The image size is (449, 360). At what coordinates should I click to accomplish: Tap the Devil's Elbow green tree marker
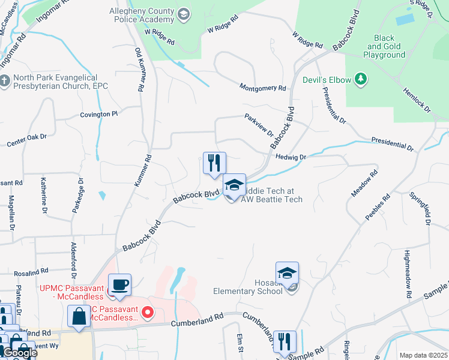pos(361,79)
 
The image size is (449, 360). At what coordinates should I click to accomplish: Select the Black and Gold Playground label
pos(384,46)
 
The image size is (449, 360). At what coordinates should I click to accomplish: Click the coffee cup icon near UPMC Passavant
pos(119,284)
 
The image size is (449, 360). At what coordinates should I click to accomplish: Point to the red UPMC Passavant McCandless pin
pos(149,313)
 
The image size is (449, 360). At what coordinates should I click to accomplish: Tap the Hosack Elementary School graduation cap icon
pos(287,273)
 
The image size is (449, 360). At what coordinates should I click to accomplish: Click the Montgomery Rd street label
pos(262,88)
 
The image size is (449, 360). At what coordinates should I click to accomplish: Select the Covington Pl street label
pos(98,114)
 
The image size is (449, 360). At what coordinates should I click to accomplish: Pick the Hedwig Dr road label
pos(291,157)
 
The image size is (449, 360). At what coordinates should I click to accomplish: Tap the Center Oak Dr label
pos(26,141)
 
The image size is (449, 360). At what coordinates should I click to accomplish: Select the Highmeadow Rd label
pos(407,266)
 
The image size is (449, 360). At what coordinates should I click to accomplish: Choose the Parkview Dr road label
pos(258,125)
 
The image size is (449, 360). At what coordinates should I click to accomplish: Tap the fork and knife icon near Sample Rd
pos(285,341)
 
